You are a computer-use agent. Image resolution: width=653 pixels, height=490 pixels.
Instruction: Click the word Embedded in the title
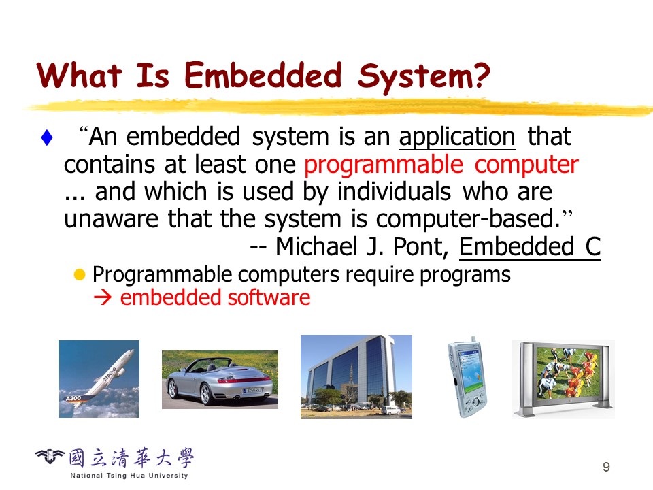click(263, 76)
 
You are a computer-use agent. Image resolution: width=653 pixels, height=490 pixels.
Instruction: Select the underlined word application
click(457, 137)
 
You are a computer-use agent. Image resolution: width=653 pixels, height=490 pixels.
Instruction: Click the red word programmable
click(383, 164)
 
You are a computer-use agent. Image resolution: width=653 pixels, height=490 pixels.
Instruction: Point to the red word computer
click(526, 164)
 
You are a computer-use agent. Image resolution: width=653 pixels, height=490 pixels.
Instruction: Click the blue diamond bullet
click(47, 138)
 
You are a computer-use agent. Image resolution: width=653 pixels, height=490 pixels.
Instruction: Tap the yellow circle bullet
click(80, 274)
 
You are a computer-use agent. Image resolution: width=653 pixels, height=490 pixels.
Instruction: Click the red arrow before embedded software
click(103, 297)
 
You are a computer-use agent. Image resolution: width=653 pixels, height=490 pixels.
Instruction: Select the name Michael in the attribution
click(316, 246)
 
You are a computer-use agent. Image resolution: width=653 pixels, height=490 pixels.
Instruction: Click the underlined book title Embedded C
click(530, 246)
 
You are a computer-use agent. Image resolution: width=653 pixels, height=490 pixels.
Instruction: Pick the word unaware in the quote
click(111, 219)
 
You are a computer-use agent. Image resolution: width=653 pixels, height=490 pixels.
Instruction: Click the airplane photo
click(99, 379)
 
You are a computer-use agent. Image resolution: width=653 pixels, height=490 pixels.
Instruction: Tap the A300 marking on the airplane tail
click(73, 398)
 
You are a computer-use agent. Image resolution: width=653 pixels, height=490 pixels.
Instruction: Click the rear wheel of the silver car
click(205, 394)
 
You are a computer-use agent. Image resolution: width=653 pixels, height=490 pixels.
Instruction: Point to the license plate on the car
click(252, 390)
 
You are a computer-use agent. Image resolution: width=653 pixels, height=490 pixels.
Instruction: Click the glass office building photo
click(356, 376)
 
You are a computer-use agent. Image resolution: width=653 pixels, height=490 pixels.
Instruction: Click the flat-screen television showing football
click(563, 379)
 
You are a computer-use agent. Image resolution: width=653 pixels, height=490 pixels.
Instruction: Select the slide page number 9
click(606, 467)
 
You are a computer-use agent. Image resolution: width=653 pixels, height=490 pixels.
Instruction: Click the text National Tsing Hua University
click(129, 476)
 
